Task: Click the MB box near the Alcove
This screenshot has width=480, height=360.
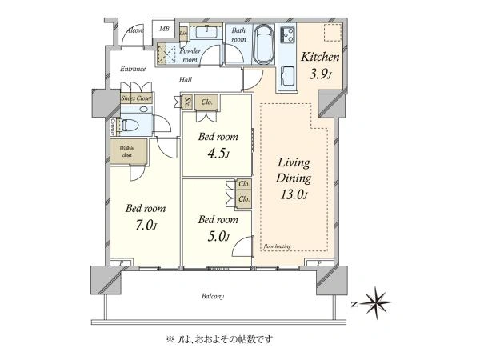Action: [165, 30]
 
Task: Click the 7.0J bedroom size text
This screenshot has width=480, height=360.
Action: [145, 226]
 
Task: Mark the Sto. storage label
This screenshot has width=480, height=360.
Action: [187, 102]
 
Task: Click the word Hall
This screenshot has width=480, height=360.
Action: [186, 80]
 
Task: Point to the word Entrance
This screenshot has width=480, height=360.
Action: [133, 70]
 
